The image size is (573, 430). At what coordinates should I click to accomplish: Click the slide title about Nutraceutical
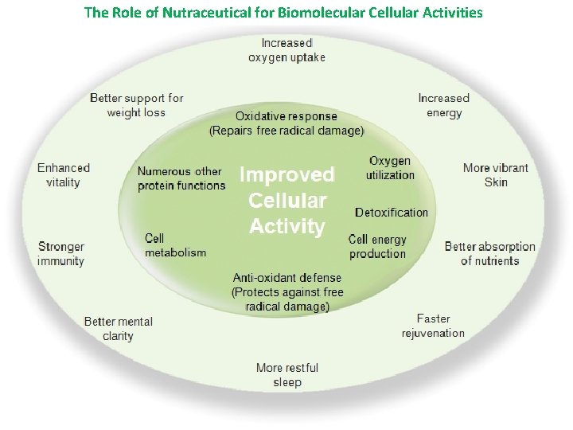pos(283,13)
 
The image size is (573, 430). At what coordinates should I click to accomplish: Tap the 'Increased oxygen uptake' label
pos(286,50)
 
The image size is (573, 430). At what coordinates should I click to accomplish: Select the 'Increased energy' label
pos(444,105)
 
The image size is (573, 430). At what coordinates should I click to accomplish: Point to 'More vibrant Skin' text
pos(495,174)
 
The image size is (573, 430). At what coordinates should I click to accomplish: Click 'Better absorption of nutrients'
pos(489,253)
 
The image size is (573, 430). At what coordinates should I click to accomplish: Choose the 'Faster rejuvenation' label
pos(433,326)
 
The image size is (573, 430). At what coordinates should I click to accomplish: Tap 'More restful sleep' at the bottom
pos(286,374)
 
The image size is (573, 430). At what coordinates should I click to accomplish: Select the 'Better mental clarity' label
pos(119,328)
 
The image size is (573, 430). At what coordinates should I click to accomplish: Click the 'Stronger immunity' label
pos(60,253)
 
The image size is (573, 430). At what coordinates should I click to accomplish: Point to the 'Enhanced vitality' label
pos(64,174)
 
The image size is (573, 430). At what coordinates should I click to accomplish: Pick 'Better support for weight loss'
pos(136,105)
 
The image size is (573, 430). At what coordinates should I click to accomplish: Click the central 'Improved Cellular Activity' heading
pos(286,200)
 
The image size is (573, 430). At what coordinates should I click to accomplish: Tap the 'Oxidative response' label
pos(286,123)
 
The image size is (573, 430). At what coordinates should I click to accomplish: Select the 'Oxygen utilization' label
pos(390,168)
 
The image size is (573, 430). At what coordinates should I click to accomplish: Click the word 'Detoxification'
pos(391,212)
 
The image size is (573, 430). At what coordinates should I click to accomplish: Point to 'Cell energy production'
pos(377,246)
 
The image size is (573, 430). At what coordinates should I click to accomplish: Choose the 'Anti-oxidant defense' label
pos(286,291)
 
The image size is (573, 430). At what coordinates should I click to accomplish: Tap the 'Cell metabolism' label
pos(175,245)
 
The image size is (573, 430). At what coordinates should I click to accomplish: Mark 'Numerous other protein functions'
pos(181,178)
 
